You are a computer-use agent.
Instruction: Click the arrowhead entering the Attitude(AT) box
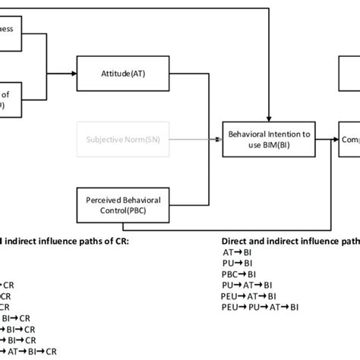(x=74, y=73)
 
